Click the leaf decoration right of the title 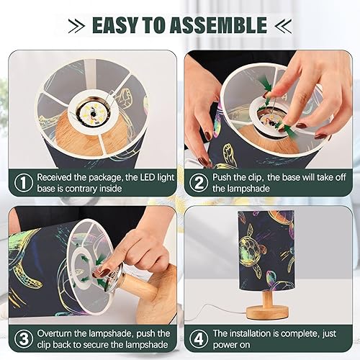click(282, 26)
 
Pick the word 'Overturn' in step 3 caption click(60, 333)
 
